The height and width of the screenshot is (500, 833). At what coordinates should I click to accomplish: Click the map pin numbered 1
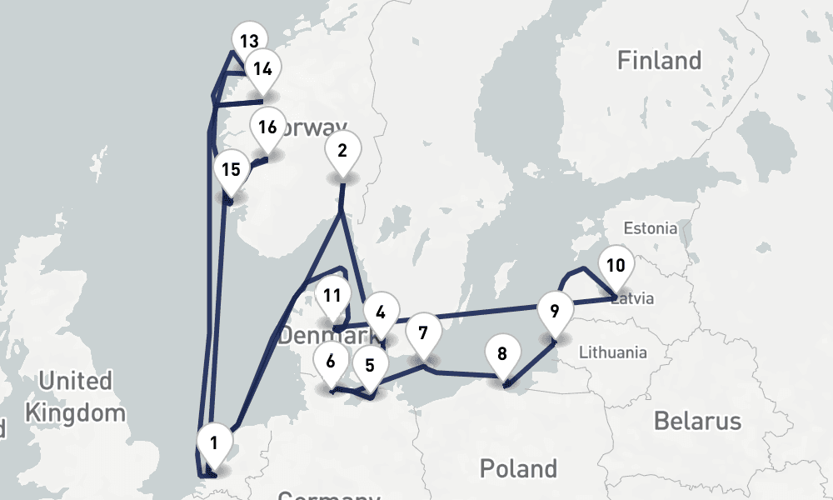pyautogui.click(x=214, y=443)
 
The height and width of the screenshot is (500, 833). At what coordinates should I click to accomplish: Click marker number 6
pyautogui.click(x=331, y=362)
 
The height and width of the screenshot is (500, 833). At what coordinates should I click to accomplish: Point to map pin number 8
pyautogui.click(x=501, y=353)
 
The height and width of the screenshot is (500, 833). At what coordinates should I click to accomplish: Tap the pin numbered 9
pyautogui.click(x=554, y=312)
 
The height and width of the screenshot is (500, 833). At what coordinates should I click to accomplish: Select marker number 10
pyautogui.click(x=616, y=266)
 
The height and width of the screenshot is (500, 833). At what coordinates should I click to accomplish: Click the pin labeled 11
pyautogui.click(x=332, y=295)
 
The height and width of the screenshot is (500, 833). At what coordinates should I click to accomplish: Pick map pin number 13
pyautogui.click(x=248, y=41)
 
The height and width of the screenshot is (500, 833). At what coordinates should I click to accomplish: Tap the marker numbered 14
pyautogui.click(x=263, y=67)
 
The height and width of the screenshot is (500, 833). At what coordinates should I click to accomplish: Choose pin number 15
pyautogui.click(x=231, y=169)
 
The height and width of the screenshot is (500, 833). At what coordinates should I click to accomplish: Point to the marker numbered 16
pyautogui.click(x=267, y=127)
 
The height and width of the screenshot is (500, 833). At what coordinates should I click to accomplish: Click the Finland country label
pyautogui.click(x=659, y=60)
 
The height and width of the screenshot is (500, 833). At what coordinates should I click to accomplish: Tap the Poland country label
pyautogui.click(x=518, y=467)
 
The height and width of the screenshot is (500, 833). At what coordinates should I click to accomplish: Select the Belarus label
pyautogui.click(x=697, y=421)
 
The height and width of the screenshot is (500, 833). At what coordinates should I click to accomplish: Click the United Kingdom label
pyautogui.click(x=75, y=397)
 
